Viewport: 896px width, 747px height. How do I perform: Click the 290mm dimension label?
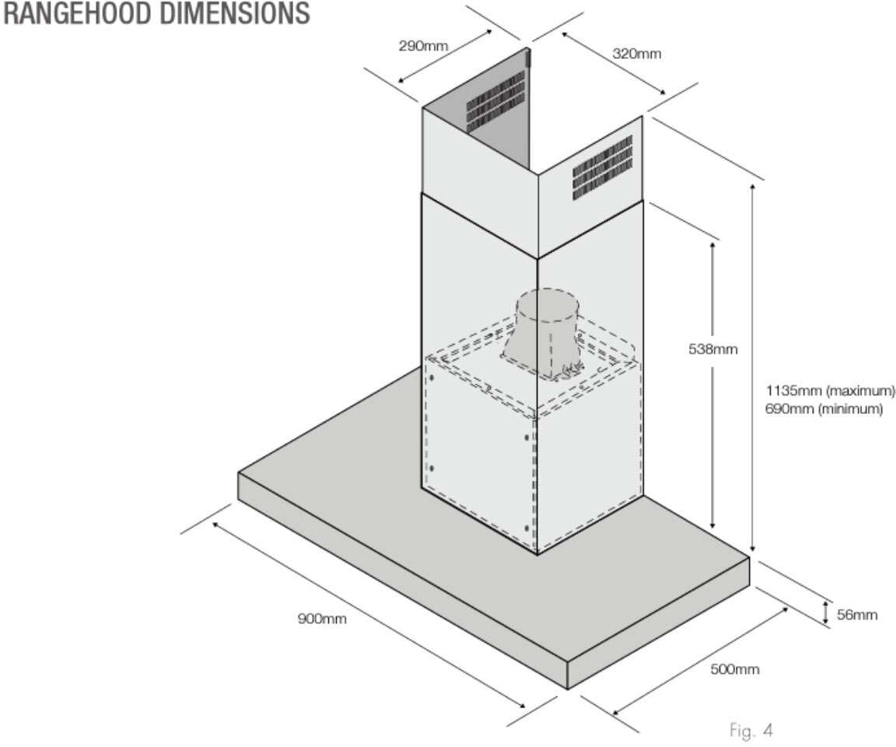423,45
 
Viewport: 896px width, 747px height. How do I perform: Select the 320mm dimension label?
637,54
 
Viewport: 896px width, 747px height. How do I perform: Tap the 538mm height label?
712,349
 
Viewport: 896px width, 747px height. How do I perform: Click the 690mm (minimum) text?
824,409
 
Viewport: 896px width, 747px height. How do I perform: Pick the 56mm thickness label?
857,615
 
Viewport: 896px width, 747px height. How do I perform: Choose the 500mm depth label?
734,669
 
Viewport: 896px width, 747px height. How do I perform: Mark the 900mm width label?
321,619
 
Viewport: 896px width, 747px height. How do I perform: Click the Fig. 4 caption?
751,731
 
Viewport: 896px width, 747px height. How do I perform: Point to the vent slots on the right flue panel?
603,168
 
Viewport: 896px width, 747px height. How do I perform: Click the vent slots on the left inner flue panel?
495,102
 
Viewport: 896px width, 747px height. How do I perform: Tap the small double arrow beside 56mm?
826,612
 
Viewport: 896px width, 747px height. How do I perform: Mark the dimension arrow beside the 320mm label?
612,62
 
